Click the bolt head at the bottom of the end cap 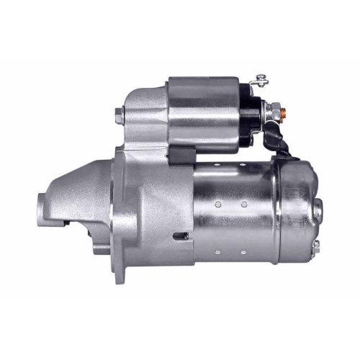315,246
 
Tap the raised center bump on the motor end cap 319,209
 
